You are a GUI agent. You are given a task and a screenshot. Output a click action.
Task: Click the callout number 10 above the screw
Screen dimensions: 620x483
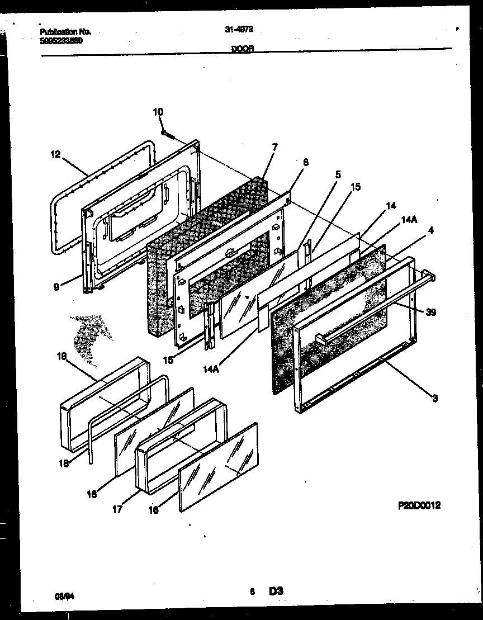[x=158, y=112]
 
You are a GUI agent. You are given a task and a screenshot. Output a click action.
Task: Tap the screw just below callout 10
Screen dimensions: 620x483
[x=167, y=134]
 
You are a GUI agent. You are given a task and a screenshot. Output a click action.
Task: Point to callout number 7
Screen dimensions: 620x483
[x=274, y=147]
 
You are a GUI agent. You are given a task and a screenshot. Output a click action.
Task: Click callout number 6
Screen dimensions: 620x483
[x=305, y=162]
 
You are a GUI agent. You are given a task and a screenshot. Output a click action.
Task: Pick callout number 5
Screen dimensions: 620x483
[x=338, y=174]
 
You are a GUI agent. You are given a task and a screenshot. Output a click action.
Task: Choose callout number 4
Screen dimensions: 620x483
[x=430, y=230]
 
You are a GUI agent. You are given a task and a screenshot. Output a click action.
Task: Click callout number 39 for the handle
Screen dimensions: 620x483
[x=430, y=313]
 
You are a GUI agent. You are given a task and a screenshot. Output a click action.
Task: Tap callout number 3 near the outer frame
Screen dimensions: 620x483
[x=435, y=398]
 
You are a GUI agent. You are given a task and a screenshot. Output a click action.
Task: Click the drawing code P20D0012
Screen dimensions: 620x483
[x=419, y=505]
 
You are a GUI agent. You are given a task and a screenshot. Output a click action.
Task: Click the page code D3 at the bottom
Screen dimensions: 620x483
[x=276, y=591]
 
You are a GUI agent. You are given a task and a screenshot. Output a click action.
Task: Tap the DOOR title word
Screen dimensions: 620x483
[x=243, y=49]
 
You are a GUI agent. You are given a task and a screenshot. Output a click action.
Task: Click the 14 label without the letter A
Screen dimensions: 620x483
[x=391, y=206]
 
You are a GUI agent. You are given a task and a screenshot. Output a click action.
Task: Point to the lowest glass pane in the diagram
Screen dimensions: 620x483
[x=219, y=467]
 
